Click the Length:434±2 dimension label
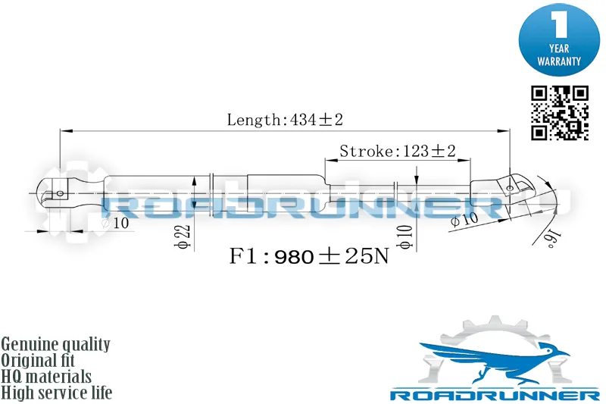click(x=285, y=120)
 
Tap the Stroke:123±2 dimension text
click(x=397, y=151)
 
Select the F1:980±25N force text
click(x=309, y=256)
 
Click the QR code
click(x=560, y=113)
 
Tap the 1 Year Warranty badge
click(x=559, y=40)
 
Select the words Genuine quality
click(x=55, y=344)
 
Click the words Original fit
click(x=38, y=360)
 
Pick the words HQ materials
click(x=46, y=377)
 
